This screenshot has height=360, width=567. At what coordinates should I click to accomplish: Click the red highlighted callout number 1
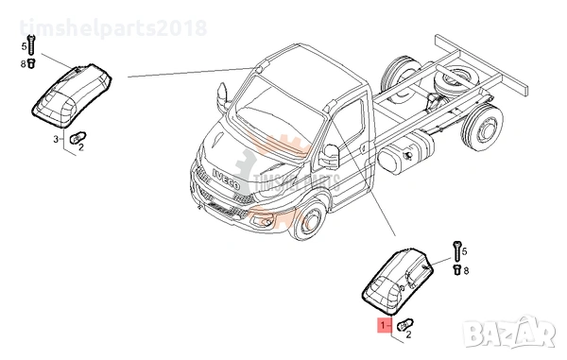click(x=383, y=324)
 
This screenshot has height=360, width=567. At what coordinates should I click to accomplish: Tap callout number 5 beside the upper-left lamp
click(x=25, y=45)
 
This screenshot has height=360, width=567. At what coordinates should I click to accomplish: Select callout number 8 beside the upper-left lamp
click(x=25, y=63)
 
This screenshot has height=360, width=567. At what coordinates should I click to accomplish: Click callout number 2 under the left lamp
click(x=81, y=147)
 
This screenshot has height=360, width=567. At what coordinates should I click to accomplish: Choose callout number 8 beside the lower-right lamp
click(x=465, y=269)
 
